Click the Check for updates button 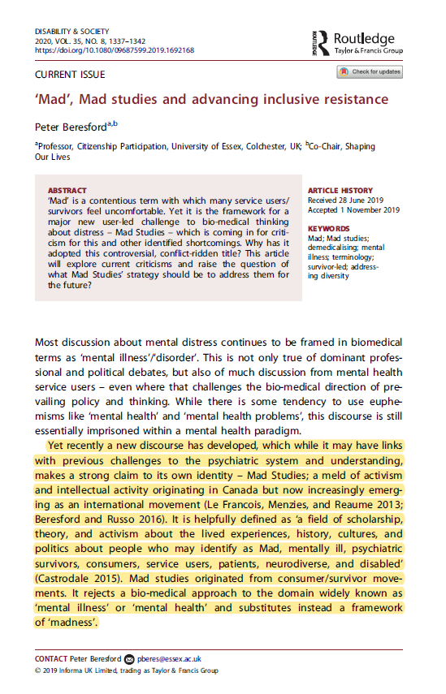tap(370, 72)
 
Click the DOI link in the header tap(114, 50)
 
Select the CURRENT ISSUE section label tap(69, 75)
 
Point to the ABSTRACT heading tap(67, 190)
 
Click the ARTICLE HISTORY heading tap(341, 190)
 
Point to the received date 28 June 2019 tap(362, 200)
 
